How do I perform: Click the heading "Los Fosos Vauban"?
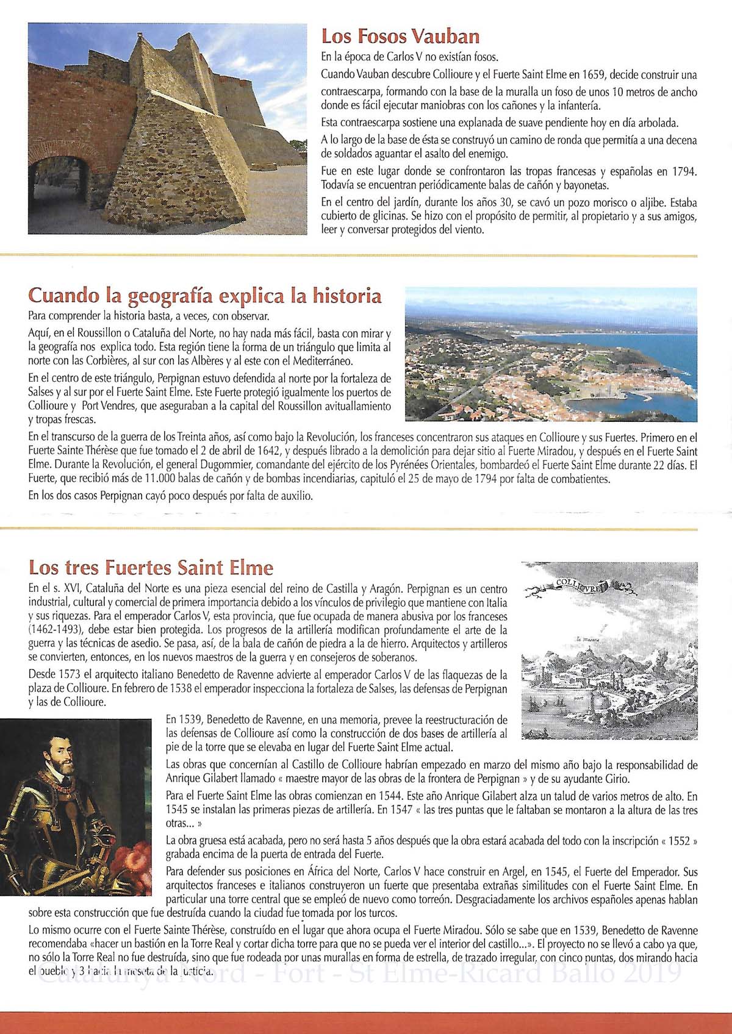coord(400,37)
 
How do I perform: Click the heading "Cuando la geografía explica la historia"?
coord(205,297)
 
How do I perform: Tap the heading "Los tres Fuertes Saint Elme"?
coord(151,568)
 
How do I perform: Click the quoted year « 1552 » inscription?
coord(678,841)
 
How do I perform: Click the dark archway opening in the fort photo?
coord(55,189)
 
